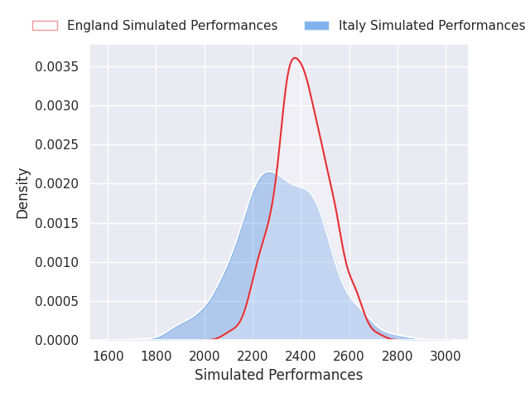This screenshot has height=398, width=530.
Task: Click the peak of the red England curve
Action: pyautogui.click(x=295, y=58)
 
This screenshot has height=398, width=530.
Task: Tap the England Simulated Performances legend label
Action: pyautogui.click(x=172, y=26)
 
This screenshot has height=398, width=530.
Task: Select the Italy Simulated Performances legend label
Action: pyautogui.click(x=431, y=26)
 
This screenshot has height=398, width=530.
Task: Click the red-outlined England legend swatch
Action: pyautogui.click(x=45, y=26)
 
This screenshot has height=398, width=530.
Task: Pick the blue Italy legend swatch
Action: pyautogui.click(x=316, y=26)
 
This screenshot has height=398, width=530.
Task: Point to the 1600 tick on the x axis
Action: pyautogui.click(x=108, y=356)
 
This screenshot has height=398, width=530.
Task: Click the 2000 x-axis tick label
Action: pyautogui.click(x=205, y=356)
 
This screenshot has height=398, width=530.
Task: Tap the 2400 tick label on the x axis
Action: pyautogui.click(x=301, y=356)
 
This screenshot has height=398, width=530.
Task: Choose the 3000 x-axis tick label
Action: pyautogui.click(x=446, y=356)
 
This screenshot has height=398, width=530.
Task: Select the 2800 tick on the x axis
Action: pyautogui.click(x=397, y=356)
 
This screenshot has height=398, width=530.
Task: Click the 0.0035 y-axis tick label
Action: pyautogui.click(x=57, y=66)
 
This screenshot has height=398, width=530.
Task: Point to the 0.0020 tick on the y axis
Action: pyautogui.click(x=57, y=184)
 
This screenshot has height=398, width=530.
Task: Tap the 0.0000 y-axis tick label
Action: pyautogui.click(x=57, y=340)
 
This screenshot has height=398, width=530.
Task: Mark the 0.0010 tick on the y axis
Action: pyautogui.click(x=57, y=262)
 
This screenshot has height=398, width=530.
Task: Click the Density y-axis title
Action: pyautogui.click(x=23, y=192)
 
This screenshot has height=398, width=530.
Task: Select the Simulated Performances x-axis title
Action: pyautogui.click(x=278, y=376)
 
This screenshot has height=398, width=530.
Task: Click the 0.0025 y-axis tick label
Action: pyautogui.click(x=57, y=145)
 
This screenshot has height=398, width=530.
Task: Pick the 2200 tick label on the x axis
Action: pyautogui.click(x=253, y=356)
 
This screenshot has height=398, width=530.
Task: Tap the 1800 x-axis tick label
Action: pyautogui.click(x=156, y=356)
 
